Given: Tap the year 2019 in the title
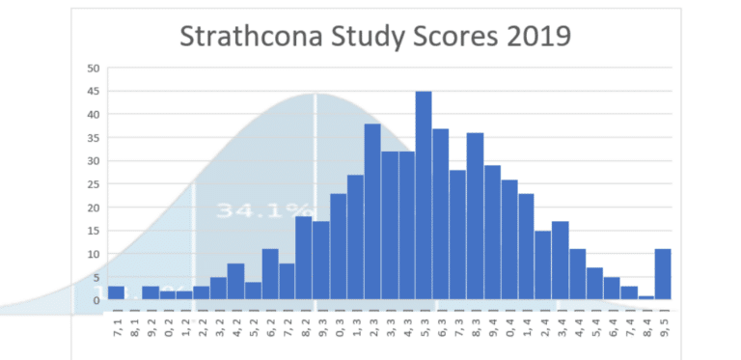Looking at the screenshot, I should point(532,36).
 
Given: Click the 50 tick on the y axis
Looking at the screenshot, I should point(94,69).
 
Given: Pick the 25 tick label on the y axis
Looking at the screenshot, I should point(94,184).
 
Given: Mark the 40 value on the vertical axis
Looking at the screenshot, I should point(94,115).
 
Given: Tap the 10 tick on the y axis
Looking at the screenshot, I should point(94,254).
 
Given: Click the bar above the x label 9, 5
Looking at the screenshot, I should point(663,275).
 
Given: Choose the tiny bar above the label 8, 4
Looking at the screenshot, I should point(645,297).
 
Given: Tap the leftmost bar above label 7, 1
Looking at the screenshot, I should point(116,293).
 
